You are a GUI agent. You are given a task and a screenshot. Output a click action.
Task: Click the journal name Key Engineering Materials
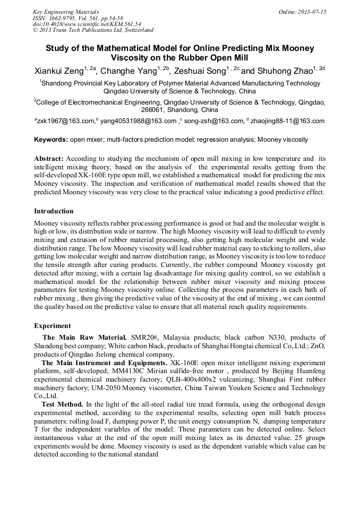(x=66, y=12)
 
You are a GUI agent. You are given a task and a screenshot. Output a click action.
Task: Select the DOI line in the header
(x=87, y=24)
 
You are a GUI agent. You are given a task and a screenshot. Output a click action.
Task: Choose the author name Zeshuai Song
(x=199, y=70)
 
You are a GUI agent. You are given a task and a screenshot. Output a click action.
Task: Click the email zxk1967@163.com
(x=66, y=121)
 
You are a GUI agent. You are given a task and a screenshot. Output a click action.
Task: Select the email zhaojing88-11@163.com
(x=287, y=121)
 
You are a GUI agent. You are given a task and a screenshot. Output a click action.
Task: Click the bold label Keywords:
(x=51, y=140)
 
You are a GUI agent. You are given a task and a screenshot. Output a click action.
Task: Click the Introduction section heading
(x=54, y=211)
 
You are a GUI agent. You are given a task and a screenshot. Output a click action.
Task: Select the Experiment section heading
(x=53, y=325)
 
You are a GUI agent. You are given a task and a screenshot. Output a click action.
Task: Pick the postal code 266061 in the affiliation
(x=153, y=110)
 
